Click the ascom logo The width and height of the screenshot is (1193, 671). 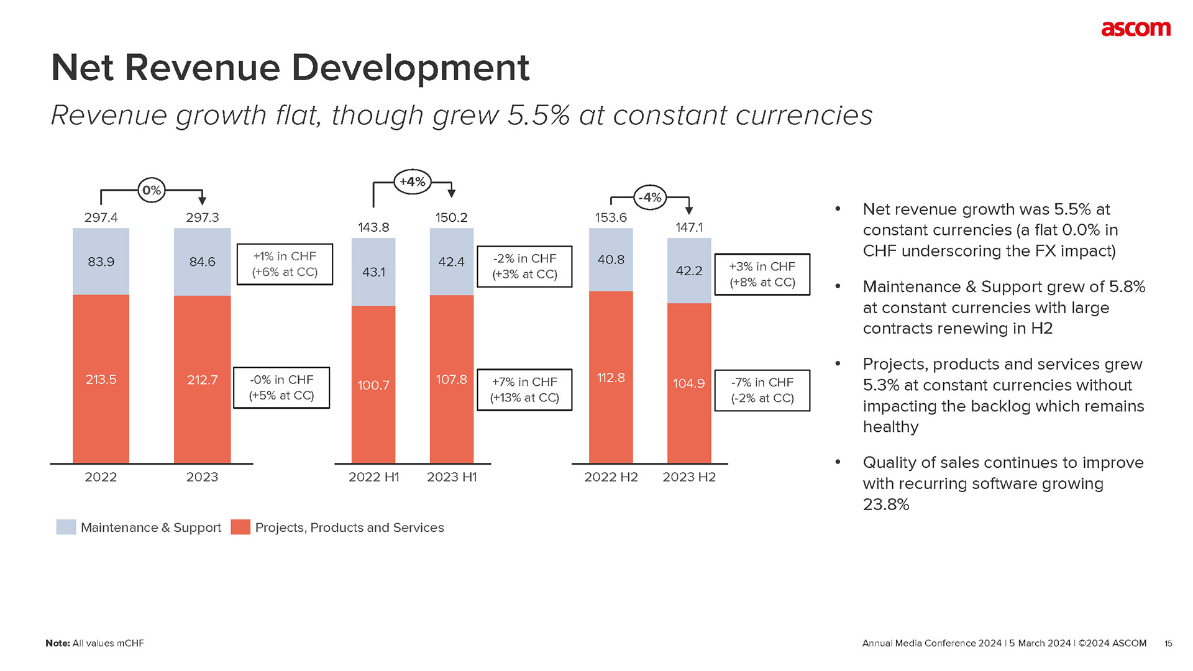(1135, 29)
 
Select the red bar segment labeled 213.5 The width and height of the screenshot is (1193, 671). (101, 379)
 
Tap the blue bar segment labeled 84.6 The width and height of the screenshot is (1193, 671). (202, 262)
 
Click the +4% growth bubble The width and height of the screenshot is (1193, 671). (413, 182)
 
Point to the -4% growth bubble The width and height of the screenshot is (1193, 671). (651, 198)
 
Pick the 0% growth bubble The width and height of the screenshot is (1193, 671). (152, 190)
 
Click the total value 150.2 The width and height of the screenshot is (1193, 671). (451, 217)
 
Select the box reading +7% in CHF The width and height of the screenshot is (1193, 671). (524, 390)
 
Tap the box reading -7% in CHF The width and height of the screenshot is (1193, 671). (762, 390)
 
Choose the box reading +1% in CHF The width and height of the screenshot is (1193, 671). (285, 264)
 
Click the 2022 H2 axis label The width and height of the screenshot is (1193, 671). (611, 477)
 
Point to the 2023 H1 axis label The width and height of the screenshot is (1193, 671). (452, 477)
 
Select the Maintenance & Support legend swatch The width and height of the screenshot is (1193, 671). (66, 527)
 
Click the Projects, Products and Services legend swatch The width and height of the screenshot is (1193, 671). (240, 527)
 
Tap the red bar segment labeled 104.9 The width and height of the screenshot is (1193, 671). (688, 383)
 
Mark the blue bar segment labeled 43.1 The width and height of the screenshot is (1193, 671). (373, 272)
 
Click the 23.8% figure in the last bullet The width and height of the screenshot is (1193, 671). (886, 504)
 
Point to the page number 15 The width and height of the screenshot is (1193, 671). (1168, 644)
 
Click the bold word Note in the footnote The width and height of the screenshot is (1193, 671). (57, 644)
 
